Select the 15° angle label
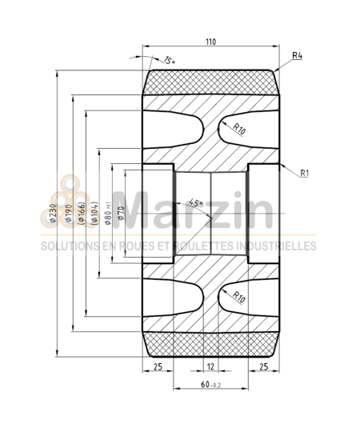coord(168,60)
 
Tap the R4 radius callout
coord(296,55)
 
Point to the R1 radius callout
coord(306,172)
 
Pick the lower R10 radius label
coord(238,298)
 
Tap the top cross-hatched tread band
coord(211,80)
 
